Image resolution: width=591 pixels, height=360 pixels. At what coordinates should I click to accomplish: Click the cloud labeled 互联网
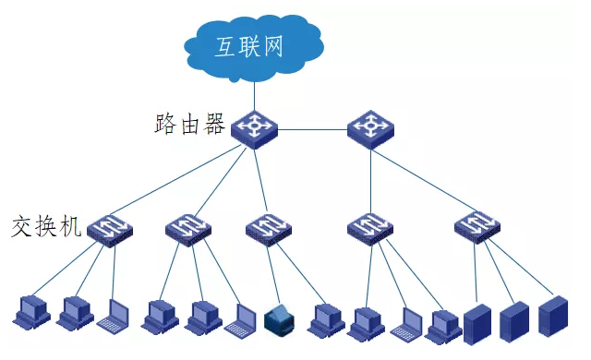pos(253,46)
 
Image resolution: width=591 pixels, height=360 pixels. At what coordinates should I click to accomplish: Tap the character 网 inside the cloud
pos(272,46)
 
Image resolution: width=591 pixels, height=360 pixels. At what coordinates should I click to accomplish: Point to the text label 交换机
pos(46,226)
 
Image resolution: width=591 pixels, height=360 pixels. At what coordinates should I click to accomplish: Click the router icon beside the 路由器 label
pos(254,129)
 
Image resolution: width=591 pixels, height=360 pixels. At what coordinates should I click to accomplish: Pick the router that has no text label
pos(370,129)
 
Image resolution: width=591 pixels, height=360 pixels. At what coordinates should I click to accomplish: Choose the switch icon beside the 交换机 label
pos(110,231)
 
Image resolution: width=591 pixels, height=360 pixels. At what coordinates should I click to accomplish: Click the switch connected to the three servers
pos(477,227)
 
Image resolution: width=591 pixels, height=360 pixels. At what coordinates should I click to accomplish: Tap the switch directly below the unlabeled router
pos(370,229)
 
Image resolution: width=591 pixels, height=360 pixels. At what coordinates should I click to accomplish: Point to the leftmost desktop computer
pos(31,312)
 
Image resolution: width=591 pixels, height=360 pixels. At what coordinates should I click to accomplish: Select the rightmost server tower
pos(553,316)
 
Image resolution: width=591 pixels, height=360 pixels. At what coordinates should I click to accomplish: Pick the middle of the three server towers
pos(514,321)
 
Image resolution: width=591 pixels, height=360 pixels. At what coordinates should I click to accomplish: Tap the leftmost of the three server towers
pos(477,324)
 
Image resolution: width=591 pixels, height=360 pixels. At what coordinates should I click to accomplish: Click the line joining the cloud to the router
pos(254,96)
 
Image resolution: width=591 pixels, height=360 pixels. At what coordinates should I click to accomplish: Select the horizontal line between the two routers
pos(312,129)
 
